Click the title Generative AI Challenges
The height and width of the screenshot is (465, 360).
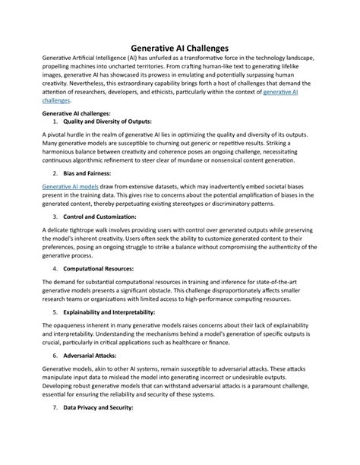point(180,47)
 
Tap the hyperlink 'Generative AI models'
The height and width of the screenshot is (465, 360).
point(71,185)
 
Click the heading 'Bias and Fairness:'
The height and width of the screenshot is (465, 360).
point(89,174)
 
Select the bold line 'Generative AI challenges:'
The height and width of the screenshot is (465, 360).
point(81,112)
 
